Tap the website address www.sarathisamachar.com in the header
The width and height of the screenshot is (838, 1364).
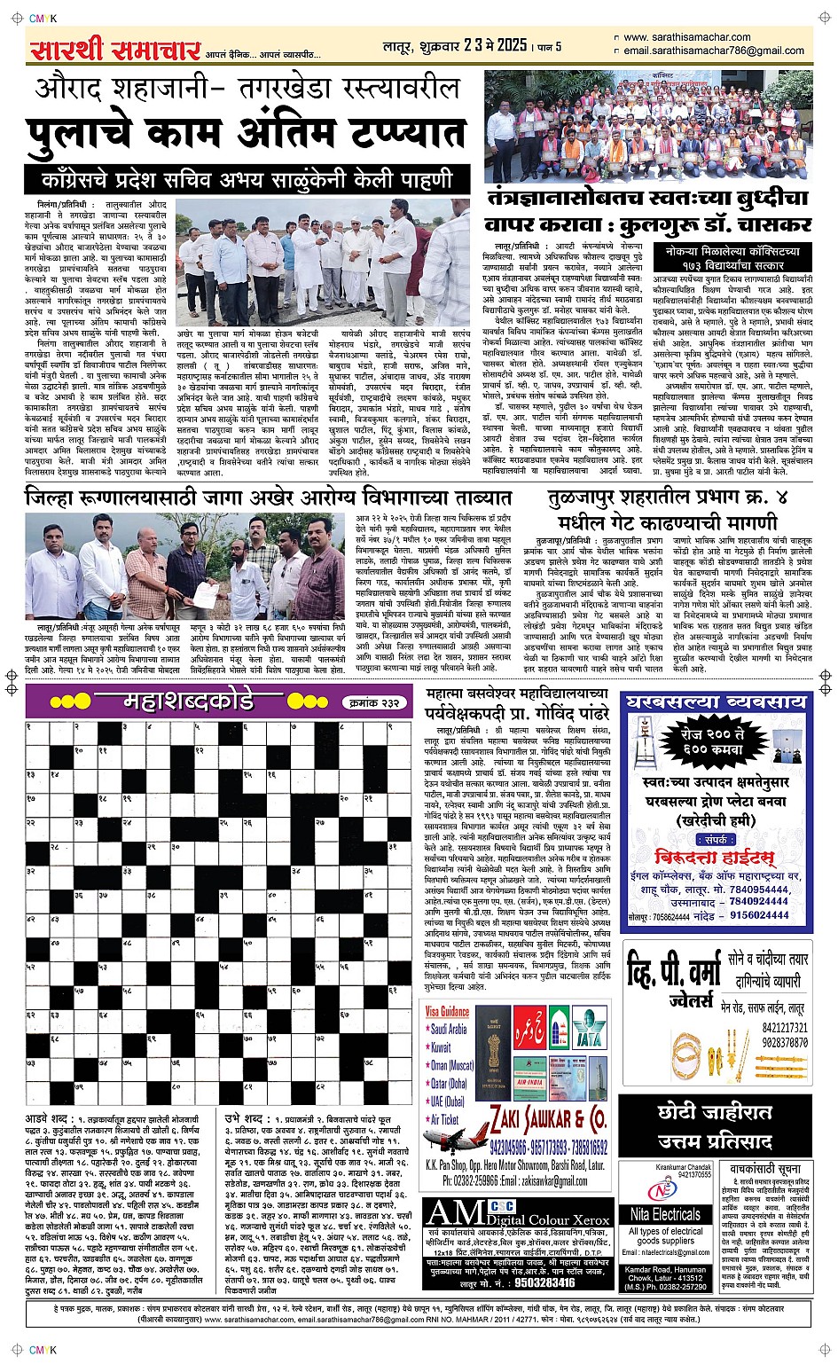(686, 37)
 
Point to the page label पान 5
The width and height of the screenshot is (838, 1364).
(547, 45)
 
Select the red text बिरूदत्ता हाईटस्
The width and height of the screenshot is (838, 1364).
(714, 857)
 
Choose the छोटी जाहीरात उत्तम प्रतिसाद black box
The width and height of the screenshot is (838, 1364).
(715, 1125)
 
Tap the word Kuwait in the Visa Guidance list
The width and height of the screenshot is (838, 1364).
(441, 1047)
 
